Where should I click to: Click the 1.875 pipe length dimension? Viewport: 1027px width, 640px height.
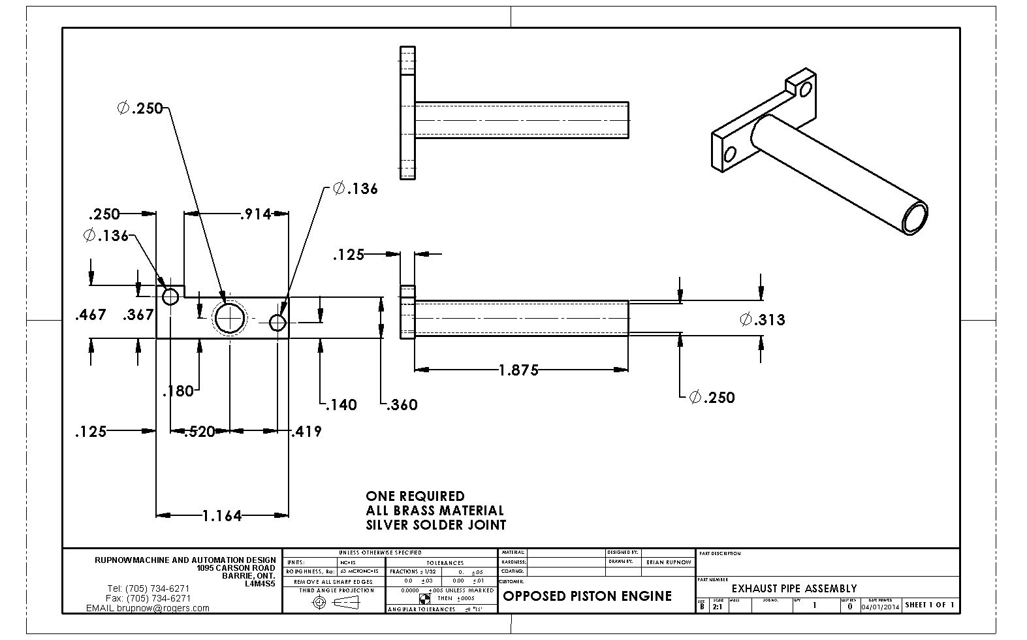click(518, 370)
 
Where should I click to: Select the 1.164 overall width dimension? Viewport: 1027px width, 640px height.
click(222, 516)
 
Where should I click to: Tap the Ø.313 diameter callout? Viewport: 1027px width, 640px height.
click(763, 319)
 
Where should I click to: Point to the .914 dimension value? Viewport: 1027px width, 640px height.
click(255, 214)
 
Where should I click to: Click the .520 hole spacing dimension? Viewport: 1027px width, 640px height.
click(199, 432)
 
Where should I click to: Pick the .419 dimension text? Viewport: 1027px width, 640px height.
click(306, 431)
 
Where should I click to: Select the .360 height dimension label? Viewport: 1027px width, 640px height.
click(402, 405)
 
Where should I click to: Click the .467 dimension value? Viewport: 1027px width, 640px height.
click(91, 315)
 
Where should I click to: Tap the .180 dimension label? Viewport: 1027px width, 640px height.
click(178, 391)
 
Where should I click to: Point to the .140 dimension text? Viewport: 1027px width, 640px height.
click(341, 405)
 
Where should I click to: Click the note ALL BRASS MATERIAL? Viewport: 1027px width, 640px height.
click(435, 510)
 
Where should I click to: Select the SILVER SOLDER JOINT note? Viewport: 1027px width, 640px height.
click(435, 524)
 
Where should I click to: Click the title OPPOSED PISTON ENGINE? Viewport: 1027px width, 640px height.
click(587, 596)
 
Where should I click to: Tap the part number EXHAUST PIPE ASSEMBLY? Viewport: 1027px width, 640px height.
click(794, 588)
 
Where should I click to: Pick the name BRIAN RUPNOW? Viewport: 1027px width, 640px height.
click(669, 562)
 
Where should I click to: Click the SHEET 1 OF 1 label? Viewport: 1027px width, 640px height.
click(930, 605)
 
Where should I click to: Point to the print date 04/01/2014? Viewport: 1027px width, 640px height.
click(880, 606)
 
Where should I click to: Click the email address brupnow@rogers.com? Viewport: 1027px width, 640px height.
click(163, 608)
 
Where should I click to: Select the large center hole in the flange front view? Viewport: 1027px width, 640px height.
click(230, 318)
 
